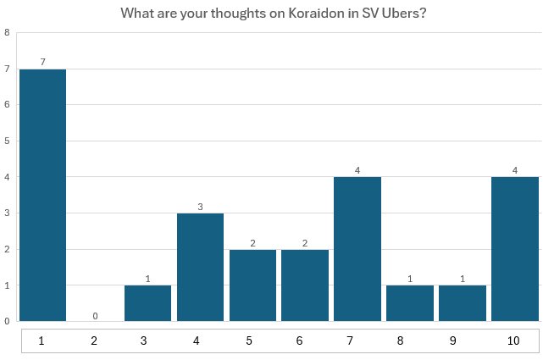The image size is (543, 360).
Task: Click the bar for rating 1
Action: click(x=42, y=195)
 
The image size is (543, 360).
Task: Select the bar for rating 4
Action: click(x=200, y=267)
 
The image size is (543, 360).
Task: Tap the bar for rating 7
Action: click(x=357, y=249)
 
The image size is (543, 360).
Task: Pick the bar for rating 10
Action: click(x=515, y=249)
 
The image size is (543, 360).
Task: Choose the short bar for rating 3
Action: click(x=147, y=303)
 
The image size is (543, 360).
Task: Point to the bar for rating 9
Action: click(x=463, y=303)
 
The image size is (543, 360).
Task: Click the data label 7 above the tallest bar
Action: click(x=42, y=62)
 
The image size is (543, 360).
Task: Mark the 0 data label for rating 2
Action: click(x=95, y=315)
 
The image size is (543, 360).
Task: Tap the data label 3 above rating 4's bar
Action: click(x=200, y=206)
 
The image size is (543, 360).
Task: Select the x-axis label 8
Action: click(x=410, y=341)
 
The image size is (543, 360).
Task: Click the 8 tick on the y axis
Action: click(x=7, y=33)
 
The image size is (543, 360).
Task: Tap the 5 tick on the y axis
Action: click(x=7, y=141)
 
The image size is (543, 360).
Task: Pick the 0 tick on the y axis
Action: click(x=7, y=321)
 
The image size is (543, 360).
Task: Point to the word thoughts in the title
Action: click(x=226, y=14)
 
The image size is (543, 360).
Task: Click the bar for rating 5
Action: click(x=252, y=285)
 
